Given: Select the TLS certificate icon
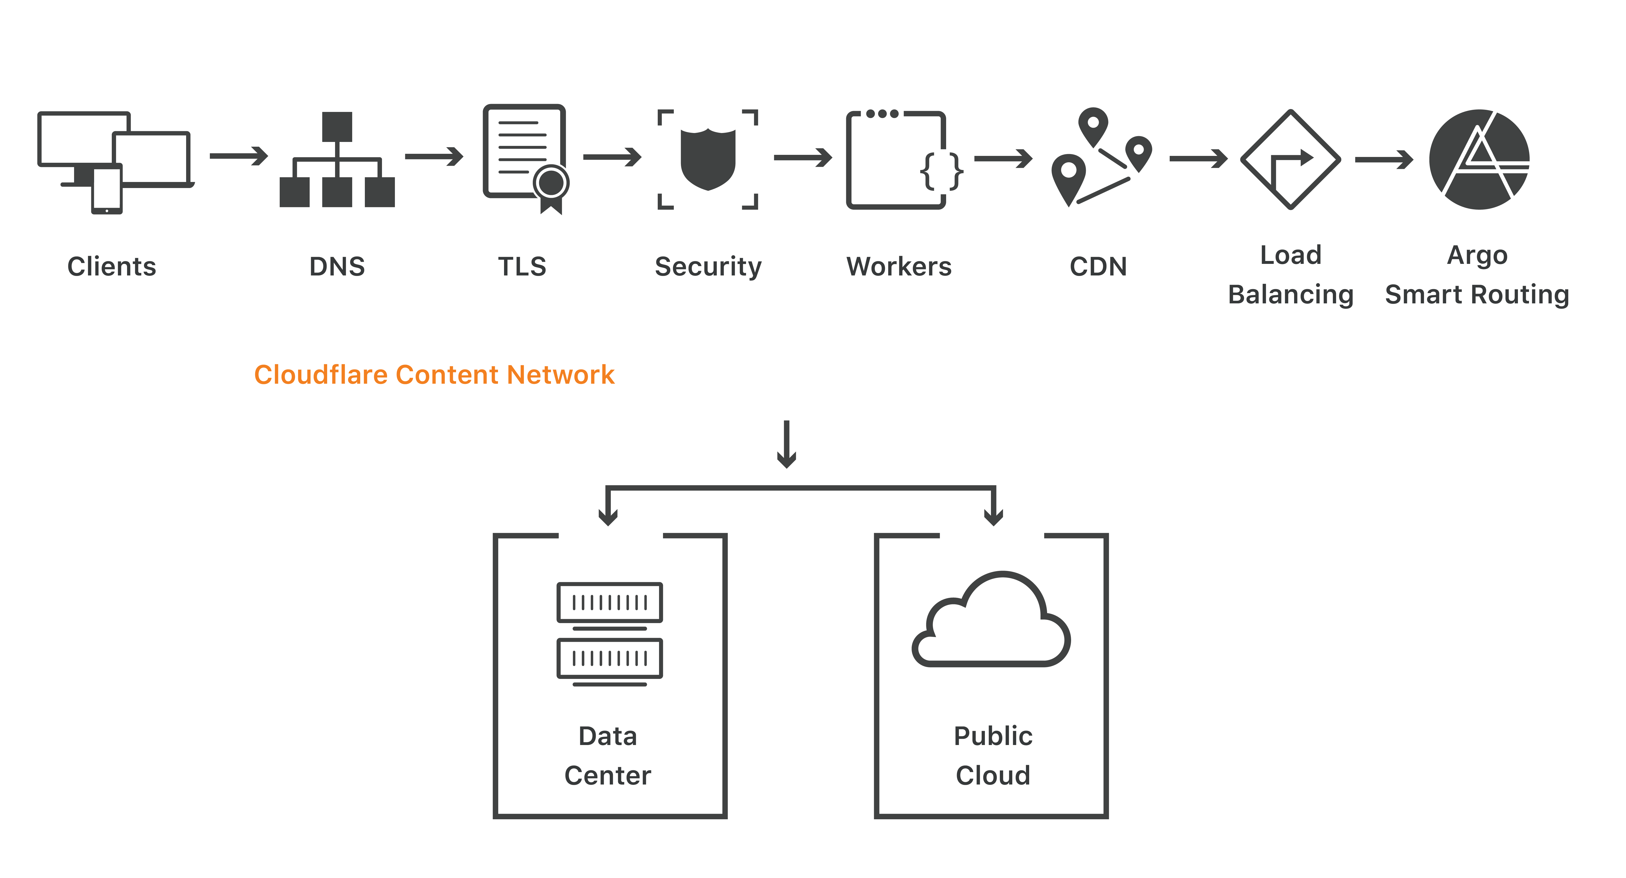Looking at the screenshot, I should (524, 155).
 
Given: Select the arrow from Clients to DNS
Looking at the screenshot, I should (239, 156).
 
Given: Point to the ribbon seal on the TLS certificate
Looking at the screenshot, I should (551, 188).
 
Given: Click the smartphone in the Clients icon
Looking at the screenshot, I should (107, 189).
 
